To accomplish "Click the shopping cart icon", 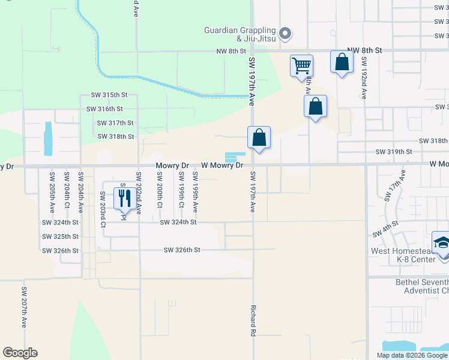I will pyautogui.click(x=301, y=65).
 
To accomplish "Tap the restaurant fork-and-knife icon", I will pyautogui.click(x=124, y=197).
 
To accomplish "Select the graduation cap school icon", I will pyautogui.click(x=442, y=243).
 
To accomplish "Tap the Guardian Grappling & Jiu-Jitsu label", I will pyautogui.click(x=240, y=34).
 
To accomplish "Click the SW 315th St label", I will pyautogui.click(x=109, y=95).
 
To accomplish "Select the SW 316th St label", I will pyautogui.click(x=104, y=109).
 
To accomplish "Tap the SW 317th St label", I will pyautogui.click(x=115, y=123).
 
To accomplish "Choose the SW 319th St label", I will pyautogui.click(x=394, y=152).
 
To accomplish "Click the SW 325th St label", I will pyautogui.click(x=61, y=236).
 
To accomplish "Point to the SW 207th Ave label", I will pyautogui.click(x=25, y=307).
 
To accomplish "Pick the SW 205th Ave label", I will pyautogui.click(x=52, y=191).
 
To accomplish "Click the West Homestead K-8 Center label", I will pyautogui.click(x=403, y=256).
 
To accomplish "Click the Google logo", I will pyautogui.click(x=20, y=353).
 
